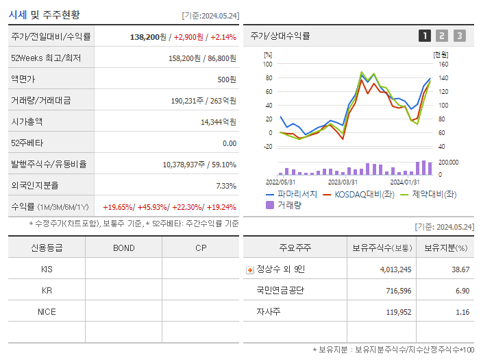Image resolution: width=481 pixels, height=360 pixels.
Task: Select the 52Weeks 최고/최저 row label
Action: point(46,58)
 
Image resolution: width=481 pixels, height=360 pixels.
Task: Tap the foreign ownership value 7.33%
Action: point(225,186)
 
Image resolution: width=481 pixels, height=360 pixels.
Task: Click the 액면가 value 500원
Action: point(227,80)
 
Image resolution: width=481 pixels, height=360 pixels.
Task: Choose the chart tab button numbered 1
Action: point(425,36)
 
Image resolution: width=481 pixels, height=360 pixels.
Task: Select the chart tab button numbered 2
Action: point(442,36)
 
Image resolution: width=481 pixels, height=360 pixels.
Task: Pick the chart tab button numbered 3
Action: point(459,36)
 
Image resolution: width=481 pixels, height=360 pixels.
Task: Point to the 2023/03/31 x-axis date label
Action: point(343,182)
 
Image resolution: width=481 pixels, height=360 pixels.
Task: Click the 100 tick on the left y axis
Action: point(268,64)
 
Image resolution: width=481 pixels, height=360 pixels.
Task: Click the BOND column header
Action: point(123,248)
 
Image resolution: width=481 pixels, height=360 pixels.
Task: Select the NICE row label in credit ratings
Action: point(47,311)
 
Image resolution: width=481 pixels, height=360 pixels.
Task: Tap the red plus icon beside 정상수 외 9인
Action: point(250,269)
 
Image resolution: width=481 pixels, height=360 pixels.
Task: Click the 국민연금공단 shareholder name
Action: point(280,291)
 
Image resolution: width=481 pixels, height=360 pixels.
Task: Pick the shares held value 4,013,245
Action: point(395,269)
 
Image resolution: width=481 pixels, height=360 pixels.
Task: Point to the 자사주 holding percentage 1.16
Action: point(463,312)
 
